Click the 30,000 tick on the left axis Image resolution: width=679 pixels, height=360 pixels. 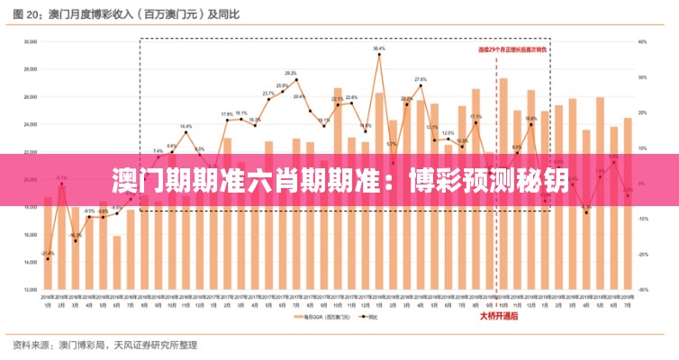(x=30, y=41)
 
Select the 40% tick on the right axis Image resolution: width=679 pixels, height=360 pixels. (x=642, y=41)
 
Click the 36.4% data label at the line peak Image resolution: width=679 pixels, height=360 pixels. (x=378, y=48)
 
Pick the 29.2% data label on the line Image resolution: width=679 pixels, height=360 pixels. (x=291, y=73)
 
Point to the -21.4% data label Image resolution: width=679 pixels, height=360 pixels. (x=48, y=253)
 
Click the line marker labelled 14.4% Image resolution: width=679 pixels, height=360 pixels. (x=186, y=133)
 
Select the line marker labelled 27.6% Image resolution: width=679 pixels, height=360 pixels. (x=421, y=86)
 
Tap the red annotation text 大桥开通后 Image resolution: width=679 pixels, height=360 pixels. (x=498, y=316)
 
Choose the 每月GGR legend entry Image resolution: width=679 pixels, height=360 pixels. (x=314, y=317)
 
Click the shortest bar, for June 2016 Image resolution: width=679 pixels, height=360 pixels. (x=117, y=261)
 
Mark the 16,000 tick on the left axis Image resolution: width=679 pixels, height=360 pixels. (x=30, y=235)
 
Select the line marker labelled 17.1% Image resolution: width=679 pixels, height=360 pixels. (x=476, y=123)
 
